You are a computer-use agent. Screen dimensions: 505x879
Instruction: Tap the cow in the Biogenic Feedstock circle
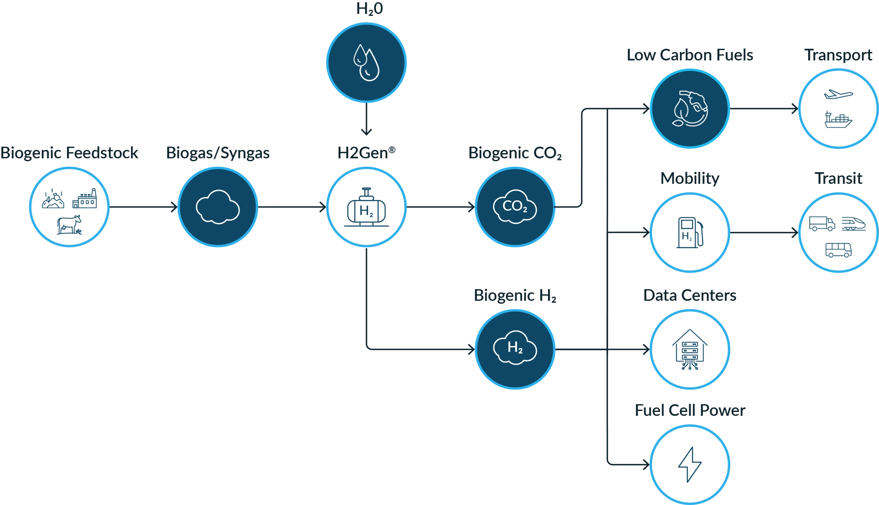(x=69, y=225)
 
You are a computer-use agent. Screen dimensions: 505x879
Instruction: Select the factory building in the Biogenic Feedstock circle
(x=85, y=199)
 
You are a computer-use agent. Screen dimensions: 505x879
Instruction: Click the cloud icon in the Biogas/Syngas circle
(x=218, y=207)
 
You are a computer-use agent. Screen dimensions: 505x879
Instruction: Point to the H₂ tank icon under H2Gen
(x=366, y=208)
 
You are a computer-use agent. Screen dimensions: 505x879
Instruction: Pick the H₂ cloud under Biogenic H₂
(x=515, y=348)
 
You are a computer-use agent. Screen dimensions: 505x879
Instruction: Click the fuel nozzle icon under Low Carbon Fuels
(x=690, y=108)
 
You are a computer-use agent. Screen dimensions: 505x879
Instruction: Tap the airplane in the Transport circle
(x=838, y=94)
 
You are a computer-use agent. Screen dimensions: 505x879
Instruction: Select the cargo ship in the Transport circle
(x=838, y=120)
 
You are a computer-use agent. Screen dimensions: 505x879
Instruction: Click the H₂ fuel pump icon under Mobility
(x=690, y=232)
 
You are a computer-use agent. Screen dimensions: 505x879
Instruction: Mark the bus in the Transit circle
(x=838, y=250)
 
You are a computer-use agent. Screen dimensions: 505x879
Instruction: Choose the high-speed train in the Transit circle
(x=854, y=224)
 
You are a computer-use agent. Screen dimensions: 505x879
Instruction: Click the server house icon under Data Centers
(x=690, y=350)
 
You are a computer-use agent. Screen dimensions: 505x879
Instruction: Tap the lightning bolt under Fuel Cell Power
(x=690, y=465)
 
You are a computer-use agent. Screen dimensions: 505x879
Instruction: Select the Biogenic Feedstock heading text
(x=69, y=153)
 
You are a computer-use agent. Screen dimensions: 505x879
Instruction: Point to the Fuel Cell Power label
(x=690, y=411)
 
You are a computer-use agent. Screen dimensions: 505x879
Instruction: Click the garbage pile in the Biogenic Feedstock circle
(x=53, y=200)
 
